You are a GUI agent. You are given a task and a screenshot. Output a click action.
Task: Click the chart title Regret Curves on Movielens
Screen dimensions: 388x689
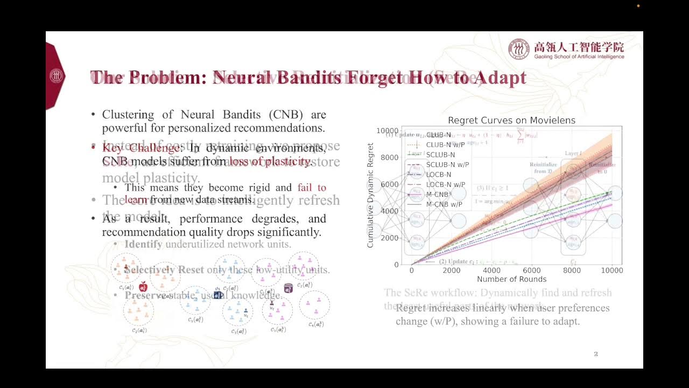pyautogui.click(x=511, y=120)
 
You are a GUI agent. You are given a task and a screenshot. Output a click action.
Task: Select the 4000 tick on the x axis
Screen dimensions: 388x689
pyautogui.click(x=491, y=270)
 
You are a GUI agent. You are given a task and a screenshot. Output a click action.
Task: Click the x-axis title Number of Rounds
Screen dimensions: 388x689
pyautogui.click(x=511, y=279)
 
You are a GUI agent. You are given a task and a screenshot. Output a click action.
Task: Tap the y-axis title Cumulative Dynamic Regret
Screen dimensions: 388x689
pyautogui.click(x=370, y=195)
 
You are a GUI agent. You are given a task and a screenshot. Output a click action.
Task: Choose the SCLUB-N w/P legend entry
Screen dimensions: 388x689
pyautogui.click(x=447, y=165)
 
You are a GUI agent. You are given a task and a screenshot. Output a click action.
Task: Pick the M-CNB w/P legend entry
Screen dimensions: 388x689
pyautogui.click(x=444, y=204)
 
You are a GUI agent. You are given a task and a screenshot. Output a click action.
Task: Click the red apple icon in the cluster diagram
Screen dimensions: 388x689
pyautogui.click(x=143, y=287)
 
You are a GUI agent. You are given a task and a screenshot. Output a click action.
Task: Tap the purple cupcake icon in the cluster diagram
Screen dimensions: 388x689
pyautogui.click(x=288, y=288)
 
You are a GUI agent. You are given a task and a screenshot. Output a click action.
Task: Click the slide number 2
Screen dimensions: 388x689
pyautogui.click(x=596, y=354)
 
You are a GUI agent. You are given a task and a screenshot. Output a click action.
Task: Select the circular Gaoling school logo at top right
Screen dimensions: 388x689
pyautogui.click(x=519, y=49)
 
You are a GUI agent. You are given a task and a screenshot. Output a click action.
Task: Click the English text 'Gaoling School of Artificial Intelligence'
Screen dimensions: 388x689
pyautogui.click(x=579, y=57)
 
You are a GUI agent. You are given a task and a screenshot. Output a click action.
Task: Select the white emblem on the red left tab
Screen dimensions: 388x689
pyautogui.click(x=56, y=76)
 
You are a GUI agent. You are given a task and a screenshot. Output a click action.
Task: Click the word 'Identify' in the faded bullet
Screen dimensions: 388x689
pyautogui.click(x=143, y=244)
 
